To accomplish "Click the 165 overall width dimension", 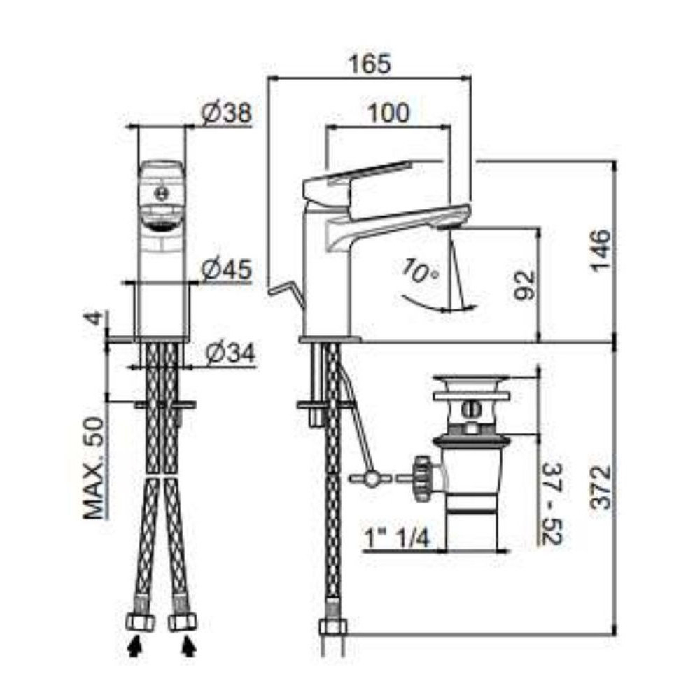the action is [x=370, y=64].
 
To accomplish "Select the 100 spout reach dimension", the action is [x=388, y=113].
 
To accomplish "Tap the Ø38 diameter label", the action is [x=226, y=113].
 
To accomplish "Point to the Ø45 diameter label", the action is [x=226, y=269].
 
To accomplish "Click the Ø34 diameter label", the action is [x=230, y=353].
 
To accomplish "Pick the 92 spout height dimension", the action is [x=524, y=285].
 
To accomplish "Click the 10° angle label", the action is [x=419, y=272].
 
